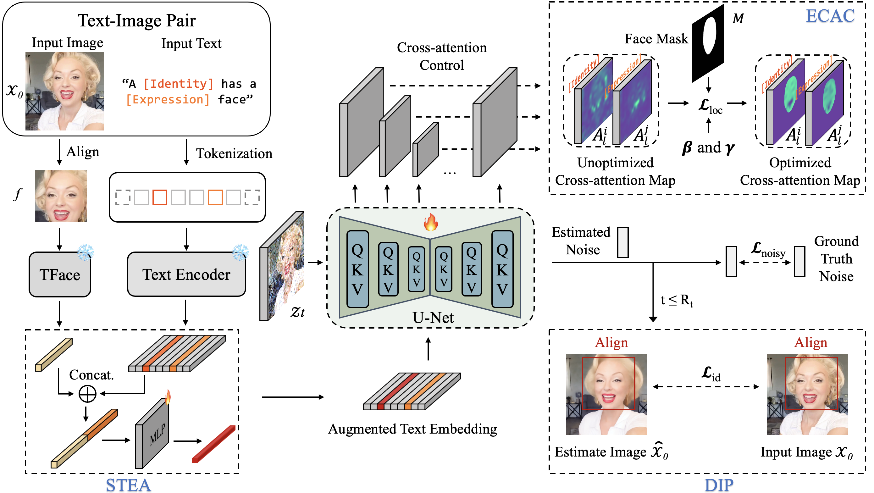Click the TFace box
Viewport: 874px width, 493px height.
click(x=60, y=275)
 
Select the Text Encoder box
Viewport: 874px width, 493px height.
click(x=186, y=274)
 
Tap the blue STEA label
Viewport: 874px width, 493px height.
click(x=128, y=485)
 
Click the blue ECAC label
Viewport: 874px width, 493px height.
click(x=830, y=16)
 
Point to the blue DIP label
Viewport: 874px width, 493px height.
click(x=719, y=485)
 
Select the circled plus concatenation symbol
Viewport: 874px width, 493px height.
click(x=87, y=394)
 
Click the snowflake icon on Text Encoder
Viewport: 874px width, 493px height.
click(x=240, y=252)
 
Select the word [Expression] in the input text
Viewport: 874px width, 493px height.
click(x=168, y=100)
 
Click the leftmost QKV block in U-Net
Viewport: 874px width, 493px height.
click(x=357, y=269)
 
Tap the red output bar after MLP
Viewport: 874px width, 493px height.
click(x=214, y=445)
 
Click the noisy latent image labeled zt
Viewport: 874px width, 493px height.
click(x=282, y=266)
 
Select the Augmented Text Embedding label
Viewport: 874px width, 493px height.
click(x=412, y=429)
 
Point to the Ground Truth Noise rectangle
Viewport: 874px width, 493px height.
click(x=799, y=262)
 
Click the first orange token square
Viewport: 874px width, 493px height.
click(x=159, y=197)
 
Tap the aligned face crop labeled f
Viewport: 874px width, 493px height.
click(x=61, y=196)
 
